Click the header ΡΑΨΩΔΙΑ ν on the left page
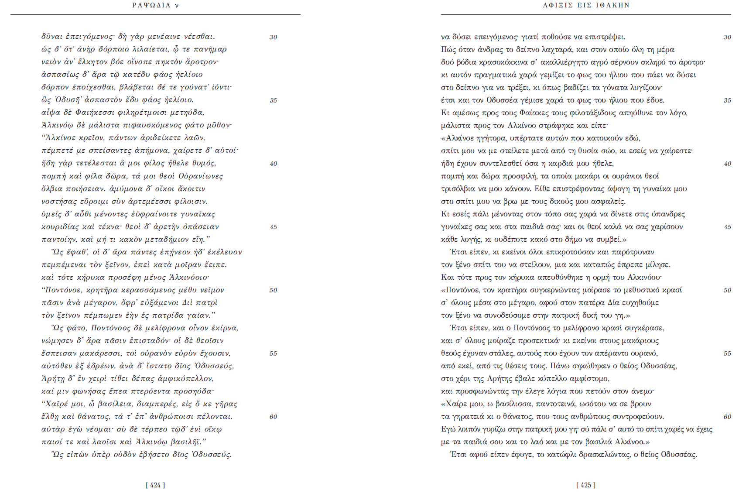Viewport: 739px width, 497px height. point(155,5)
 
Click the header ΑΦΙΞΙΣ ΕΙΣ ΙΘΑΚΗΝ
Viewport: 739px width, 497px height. point(586,5)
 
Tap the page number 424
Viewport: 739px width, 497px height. point(155,485)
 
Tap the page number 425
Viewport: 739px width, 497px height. point(586,485)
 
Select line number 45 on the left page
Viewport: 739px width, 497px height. point(274,227)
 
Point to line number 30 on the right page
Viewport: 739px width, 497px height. point(727,37)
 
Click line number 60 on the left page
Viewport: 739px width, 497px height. point(274,417)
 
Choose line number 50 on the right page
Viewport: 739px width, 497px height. point(727,290)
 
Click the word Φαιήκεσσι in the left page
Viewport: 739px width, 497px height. point(93,113)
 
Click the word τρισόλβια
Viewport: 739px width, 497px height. point(458,189)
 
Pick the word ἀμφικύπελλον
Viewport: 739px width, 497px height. point(188,379)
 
